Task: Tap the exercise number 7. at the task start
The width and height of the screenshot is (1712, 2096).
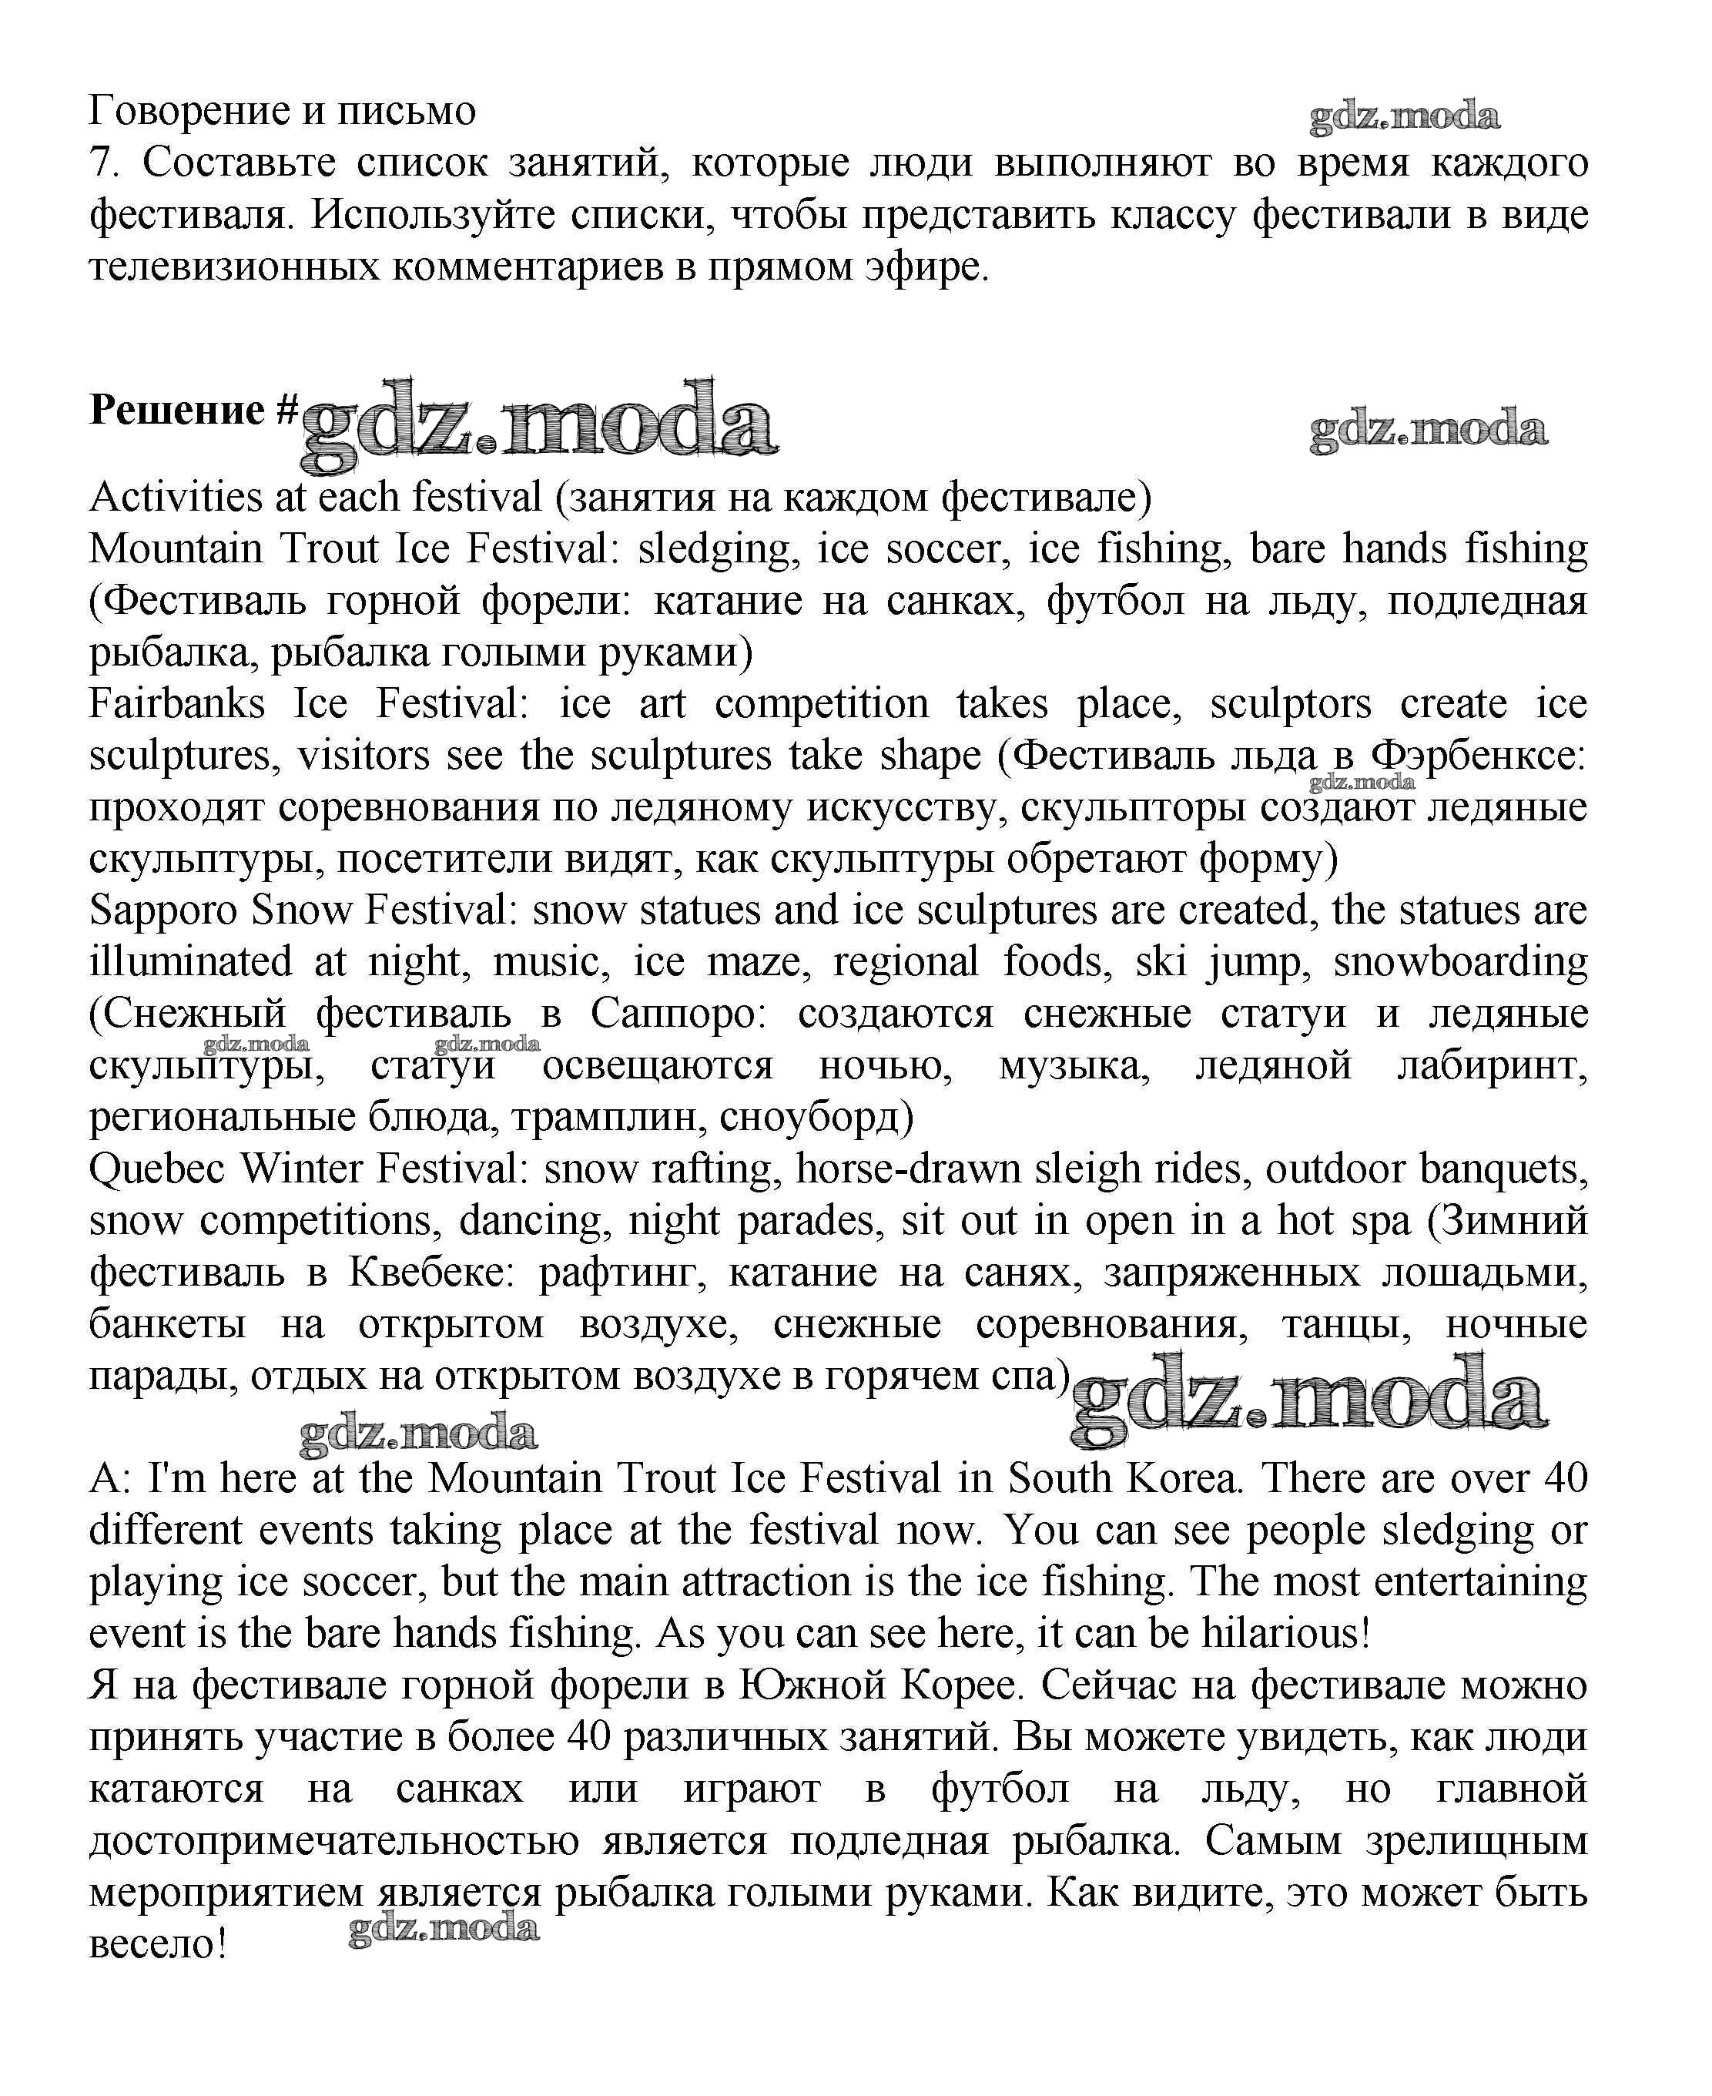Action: click(103, 163)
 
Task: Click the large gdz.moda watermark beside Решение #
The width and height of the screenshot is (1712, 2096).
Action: click(538, 424)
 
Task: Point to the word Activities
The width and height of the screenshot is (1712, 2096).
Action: click(176, 497)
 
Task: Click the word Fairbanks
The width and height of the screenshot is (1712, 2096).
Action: click(176, 704)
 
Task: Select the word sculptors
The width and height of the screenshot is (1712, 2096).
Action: click(1290, 704)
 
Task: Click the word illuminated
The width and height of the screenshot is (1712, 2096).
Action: click(190, 961)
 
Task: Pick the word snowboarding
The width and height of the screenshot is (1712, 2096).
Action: click(1460, 961)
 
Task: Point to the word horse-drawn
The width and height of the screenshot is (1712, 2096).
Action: click(908, 1169)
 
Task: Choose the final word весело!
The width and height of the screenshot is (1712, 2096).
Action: click(158, 1944)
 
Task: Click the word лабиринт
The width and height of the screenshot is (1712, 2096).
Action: click(1492, 1065)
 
